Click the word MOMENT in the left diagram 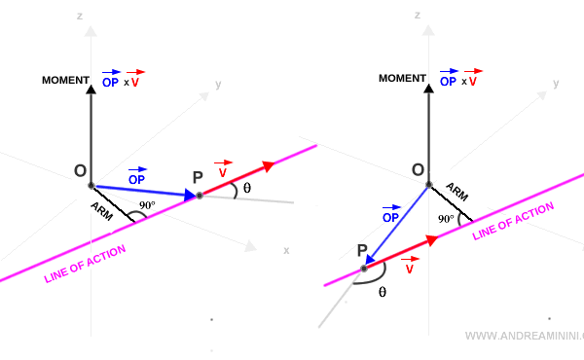click(x=65, y=80)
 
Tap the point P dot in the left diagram click(x=200, y=196)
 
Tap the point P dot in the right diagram click(x=363, y=268)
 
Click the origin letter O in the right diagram click(x=418, y=170)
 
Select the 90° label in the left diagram click(x=147, y=206)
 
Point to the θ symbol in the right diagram click(x=382, y=291)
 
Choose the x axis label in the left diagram click(x=286, y=250)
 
